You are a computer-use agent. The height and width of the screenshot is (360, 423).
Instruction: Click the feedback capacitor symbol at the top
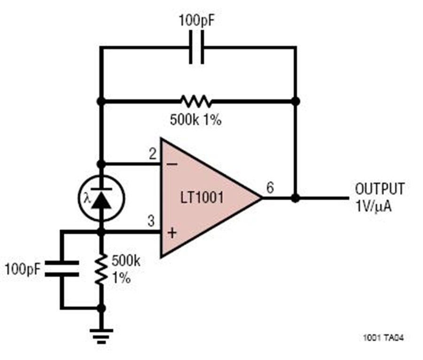pyautogui.click(x=196, y=47)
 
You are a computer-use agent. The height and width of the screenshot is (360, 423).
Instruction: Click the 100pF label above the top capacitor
pyautogui.click(x=196, y=21)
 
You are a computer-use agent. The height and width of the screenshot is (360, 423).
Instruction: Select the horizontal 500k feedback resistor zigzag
pyautogui.click(x=196, y=102)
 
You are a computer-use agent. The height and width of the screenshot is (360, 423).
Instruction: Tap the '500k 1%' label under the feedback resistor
pyautogui.click(x=196, y=119)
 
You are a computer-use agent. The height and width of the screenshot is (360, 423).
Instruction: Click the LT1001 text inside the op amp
pyautogui.click(x=202, y=198)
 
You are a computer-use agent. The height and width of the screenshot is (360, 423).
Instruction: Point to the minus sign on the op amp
pyautogui.click(x=172, y=164)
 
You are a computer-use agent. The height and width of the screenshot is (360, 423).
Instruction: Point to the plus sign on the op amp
pyautogui.click(x=172, y=233)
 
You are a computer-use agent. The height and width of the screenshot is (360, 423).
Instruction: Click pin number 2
pyautogui.click(x=153, y=154)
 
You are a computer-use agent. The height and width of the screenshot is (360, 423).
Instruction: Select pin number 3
pyautogui.click(x=151, y=221)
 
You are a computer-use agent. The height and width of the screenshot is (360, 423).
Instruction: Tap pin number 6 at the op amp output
pyautogui.click(x=270, y=188)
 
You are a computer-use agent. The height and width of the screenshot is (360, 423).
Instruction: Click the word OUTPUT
pyautogui.click(x=380, y=189)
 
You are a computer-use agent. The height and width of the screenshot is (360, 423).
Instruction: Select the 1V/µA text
pyautogui.click(x=374, y=207)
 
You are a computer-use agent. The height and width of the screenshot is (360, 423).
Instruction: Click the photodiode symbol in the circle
pyautogui.click(x=101, y=198)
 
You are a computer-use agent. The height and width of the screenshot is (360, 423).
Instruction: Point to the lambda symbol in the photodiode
pyautogui.click(x=87, y=199)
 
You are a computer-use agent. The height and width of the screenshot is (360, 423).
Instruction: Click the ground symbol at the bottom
pyautogui.click(x=101, y=337)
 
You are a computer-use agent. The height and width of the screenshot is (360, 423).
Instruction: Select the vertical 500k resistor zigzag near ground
pyautogui.click(x=101, y=269)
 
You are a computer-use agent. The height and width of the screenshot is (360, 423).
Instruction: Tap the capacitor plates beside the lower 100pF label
pyautogui.click(x=62, y=268)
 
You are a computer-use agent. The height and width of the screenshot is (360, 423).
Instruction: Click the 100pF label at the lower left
pyautogui.click(x=23, y=269)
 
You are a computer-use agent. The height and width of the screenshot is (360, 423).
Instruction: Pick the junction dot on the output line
pyautogui.click(x=296, y=198)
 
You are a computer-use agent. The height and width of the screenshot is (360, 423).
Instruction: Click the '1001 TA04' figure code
pyautogui.click(x=384, y=337)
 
